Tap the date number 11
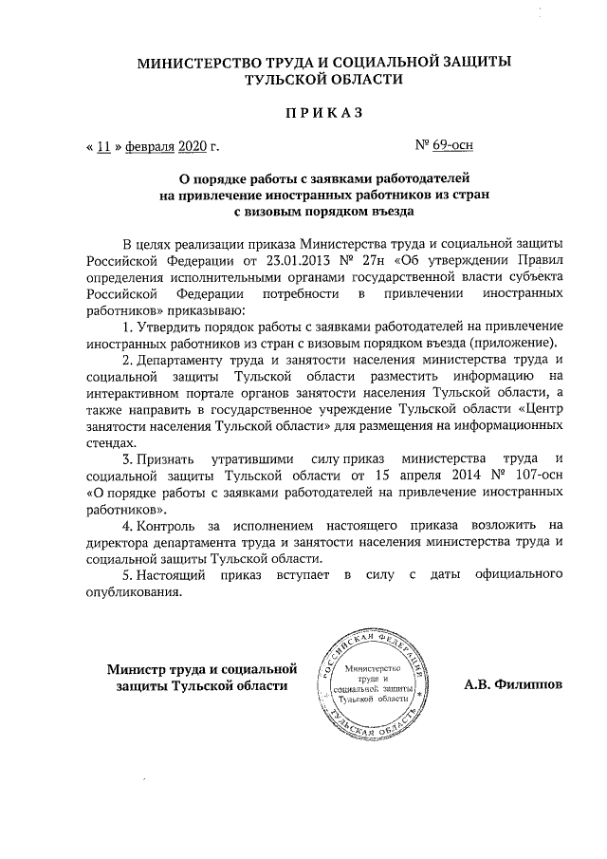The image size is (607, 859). pyautogui.click(x=105, y=147)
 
